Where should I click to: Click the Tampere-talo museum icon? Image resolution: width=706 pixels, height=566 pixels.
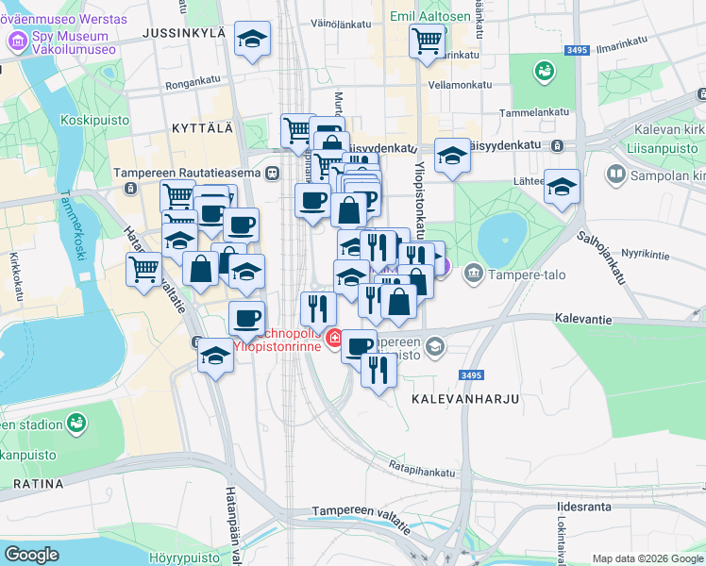tap(473, 274)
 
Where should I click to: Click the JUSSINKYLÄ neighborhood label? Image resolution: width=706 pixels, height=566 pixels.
tap(185, 33)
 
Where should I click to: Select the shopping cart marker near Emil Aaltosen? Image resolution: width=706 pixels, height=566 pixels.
tap(427, 41)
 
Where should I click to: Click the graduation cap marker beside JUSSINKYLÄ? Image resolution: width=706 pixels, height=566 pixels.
tap(251, 40)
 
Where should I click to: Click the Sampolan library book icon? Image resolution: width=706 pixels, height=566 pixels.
tap(616, 175)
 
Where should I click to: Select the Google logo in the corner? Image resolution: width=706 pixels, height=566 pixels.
tap(31, 555)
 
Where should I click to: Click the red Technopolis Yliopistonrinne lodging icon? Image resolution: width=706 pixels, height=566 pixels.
tap(334, 337)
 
